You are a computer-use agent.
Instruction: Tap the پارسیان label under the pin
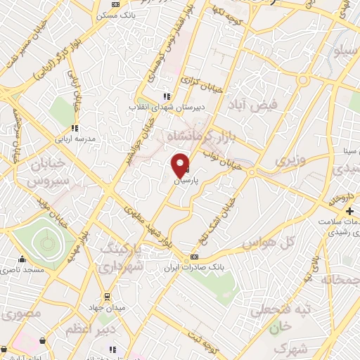pyautogui.click(x=186, y=181)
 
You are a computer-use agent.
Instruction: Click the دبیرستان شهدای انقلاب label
pyautogui.click(x=156, y=107)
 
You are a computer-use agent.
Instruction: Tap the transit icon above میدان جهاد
pyautogui.click(x=107, y=297)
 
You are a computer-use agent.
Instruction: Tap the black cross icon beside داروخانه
pyautogui.click(x=349, y=211)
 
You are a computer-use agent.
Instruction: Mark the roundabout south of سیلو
pyautogui.click(x=303, y=81)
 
